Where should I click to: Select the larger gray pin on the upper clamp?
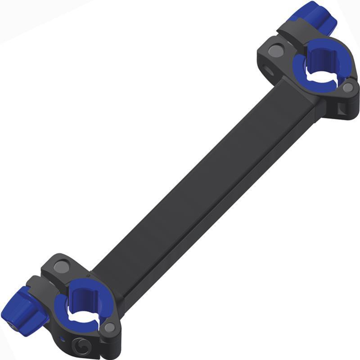click(x=276, y=51)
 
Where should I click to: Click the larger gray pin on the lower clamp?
click(x=61, y=267)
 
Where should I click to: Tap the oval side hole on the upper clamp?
click(x=270, y=70)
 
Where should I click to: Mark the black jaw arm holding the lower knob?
click(x=43, y=288)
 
